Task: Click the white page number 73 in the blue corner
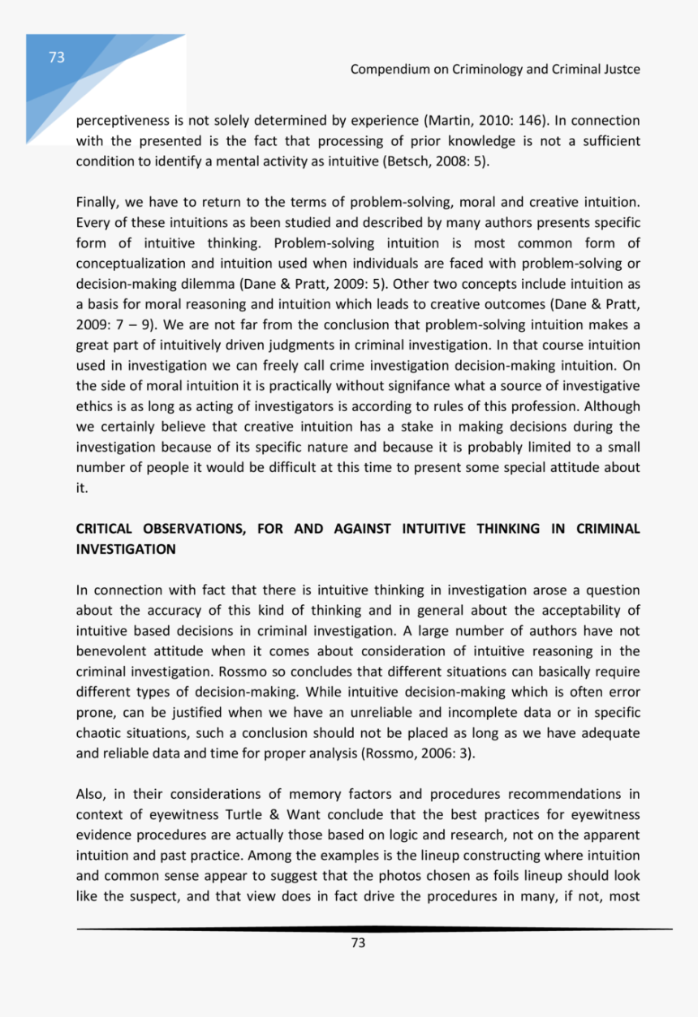(x=56, y=57)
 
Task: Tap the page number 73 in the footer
(x=358, y=942)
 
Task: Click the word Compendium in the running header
(x=389, y=70)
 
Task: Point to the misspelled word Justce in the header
(x=621, y=70)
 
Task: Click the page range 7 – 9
(x=134, y=324)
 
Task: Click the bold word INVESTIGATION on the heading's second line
(x=126, y=549)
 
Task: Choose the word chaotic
(x=98, y=733)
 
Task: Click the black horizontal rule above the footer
(x=374, y=929)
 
